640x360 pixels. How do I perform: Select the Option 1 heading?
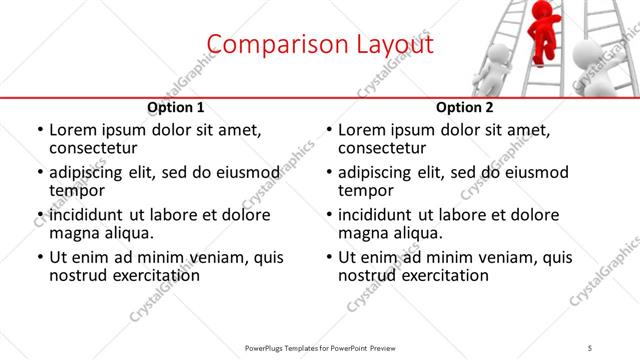[175, 107]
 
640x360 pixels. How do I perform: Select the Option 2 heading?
[464, 107]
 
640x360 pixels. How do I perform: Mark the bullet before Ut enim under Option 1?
[41, 257]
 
